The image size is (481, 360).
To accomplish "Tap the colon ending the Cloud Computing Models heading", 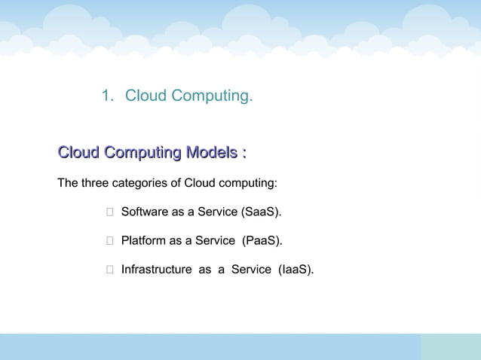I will click(x=244, y=154).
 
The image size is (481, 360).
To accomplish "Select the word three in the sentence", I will click(x=95, y=183).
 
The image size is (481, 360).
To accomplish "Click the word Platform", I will click(x=144, y=241).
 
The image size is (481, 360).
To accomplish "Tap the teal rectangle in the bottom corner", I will click(x=450, y=346).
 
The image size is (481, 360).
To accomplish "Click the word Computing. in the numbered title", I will click(x=213, y=96).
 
